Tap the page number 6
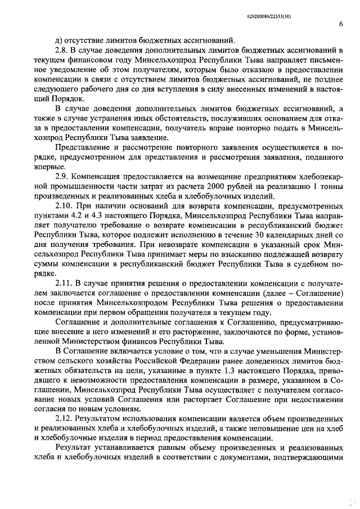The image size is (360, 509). (x=341, y=24)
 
